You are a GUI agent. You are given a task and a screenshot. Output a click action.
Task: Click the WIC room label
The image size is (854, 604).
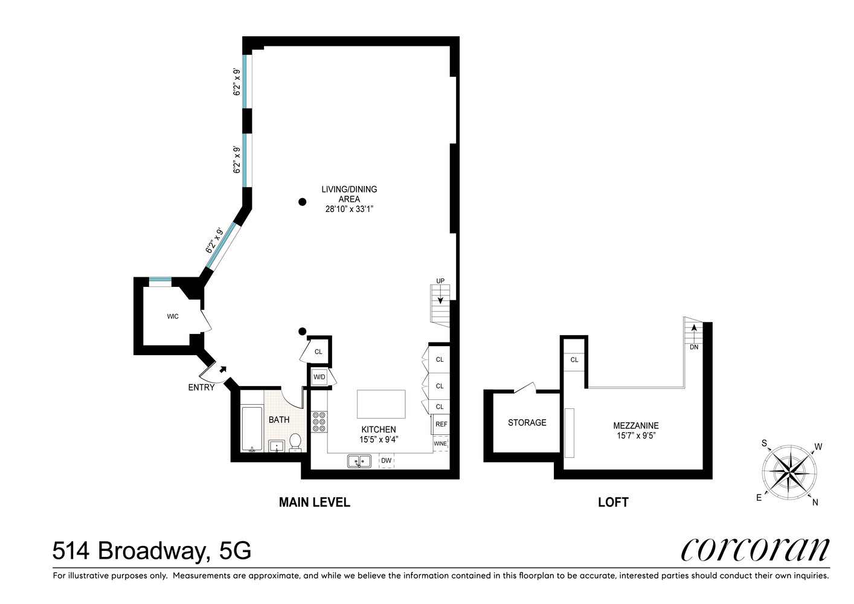(x=173, y=316)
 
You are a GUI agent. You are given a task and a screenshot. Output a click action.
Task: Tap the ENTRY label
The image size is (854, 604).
(x=201, y=387)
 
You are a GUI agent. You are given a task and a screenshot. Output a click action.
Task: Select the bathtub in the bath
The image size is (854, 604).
(x=251, y=429)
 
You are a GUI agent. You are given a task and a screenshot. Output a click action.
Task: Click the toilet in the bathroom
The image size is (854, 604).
(x=295, y=442)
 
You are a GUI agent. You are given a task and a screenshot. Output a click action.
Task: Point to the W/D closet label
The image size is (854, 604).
(x=319, y=377)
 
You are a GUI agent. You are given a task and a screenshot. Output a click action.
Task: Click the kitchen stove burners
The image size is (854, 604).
(x=319, y=421)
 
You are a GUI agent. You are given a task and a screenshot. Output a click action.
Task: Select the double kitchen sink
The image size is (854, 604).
(x=359, y=461)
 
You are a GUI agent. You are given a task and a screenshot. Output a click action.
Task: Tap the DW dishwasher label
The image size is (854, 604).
(x=387, y=461)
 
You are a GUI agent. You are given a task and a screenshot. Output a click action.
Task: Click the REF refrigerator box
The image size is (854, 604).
(x=441, y=424)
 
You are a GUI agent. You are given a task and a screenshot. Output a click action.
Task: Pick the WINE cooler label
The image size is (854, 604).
(x=440, y=444)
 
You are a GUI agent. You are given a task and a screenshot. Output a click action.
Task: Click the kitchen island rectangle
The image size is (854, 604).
(x=381, y=403)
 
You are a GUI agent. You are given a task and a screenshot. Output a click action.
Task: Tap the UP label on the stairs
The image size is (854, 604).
(x=440, y=281)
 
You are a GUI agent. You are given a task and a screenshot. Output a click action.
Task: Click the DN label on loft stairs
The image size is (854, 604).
(x=694, y=347)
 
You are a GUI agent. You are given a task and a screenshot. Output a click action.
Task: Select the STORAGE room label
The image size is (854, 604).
(x=527, y=423)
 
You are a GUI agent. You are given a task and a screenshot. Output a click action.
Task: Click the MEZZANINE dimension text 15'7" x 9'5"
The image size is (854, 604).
(x=635, y=435)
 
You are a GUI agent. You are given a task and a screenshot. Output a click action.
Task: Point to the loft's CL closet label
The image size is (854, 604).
(x=574, y=360)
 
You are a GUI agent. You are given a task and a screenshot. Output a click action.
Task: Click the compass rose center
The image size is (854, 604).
(x=789, y=472)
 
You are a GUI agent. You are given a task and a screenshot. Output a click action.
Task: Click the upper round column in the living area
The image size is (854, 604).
(x=303, y=202)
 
